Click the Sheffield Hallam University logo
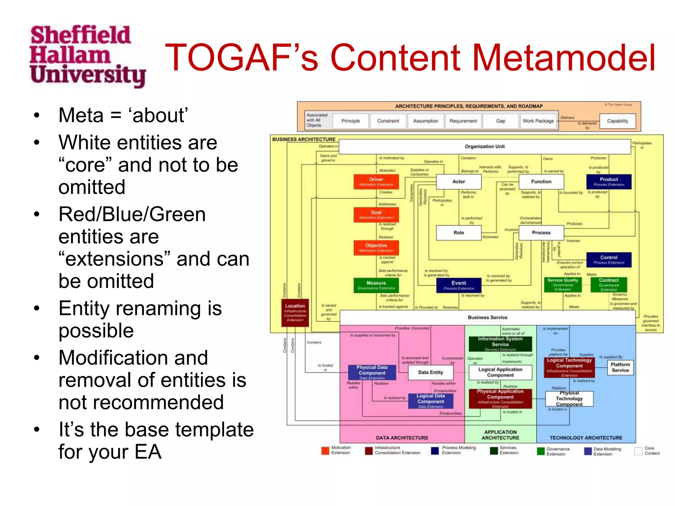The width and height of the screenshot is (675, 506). pos(87,56)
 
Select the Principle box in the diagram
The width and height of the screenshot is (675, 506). pos(350,121)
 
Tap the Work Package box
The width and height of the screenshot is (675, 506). pos(538,121)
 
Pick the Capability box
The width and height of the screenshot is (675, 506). pos(617,121)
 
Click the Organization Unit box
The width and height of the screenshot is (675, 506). pos(484,147)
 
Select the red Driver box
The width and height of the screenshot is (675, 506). pos(376,182)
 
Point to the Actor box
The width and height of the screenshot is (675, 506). pos(458,182)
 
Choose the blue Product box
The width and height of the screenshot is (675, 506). pos(608,182)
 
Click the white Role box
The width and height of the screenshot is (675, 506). pos(458,233)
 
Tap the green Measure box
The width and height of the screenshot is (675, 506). pos(376,285)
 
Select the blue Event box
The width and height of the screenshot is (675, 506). pos(458,285)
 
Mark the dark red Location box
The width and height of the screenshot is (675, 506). pos(295,312)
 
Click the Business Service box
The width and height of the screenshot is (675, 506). pos(487,318)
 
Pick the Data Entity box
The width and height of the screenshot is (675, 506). pos(430,372)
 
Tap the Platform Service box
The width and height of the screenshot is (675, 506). pos(620,367)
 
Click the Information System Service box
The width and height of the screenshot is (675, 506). pos(500,344)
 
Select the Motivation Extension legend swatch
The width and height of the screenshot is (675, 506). pos(325,451)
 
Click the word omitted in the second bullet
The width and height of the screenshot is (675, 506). pos(92,187)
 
